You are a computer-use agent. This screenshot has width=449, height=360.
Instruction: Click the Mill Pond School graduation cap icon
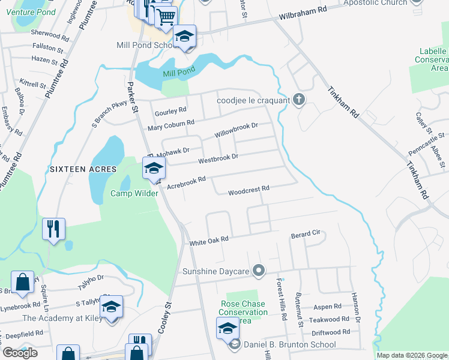[185, 37]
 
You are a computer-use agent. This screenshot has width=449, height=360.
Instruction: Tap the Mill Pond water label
[178, 73]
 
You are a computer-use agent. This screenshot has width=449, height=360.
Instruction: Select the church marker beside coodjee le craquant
[300, 100]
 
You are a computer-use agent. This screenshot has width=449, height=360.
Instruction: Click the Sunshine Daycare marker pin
[259, 272]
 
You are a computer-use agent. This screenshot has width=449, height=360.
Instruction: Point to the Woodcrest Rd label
[248, 190]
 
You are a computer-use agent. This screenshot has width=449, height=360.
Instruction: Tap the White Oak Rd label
[209, 241]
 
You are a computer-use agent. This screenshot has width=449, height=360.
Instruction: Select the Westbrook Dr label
[218, 158]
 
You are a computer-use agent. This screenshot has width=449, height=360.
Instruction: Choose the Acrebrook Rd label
[186, 181]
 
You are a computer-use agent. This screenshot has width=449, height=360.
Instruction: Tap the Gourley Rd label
[170, 111]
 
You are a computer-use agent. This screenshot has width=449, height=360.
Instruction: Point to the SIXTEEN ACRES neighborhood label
[83, 169]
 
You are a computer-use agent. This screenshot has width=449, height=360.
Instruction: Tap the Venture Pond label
[35, 12]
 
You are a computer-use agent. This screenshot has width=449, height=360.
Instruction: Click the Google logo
[20, 353]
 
